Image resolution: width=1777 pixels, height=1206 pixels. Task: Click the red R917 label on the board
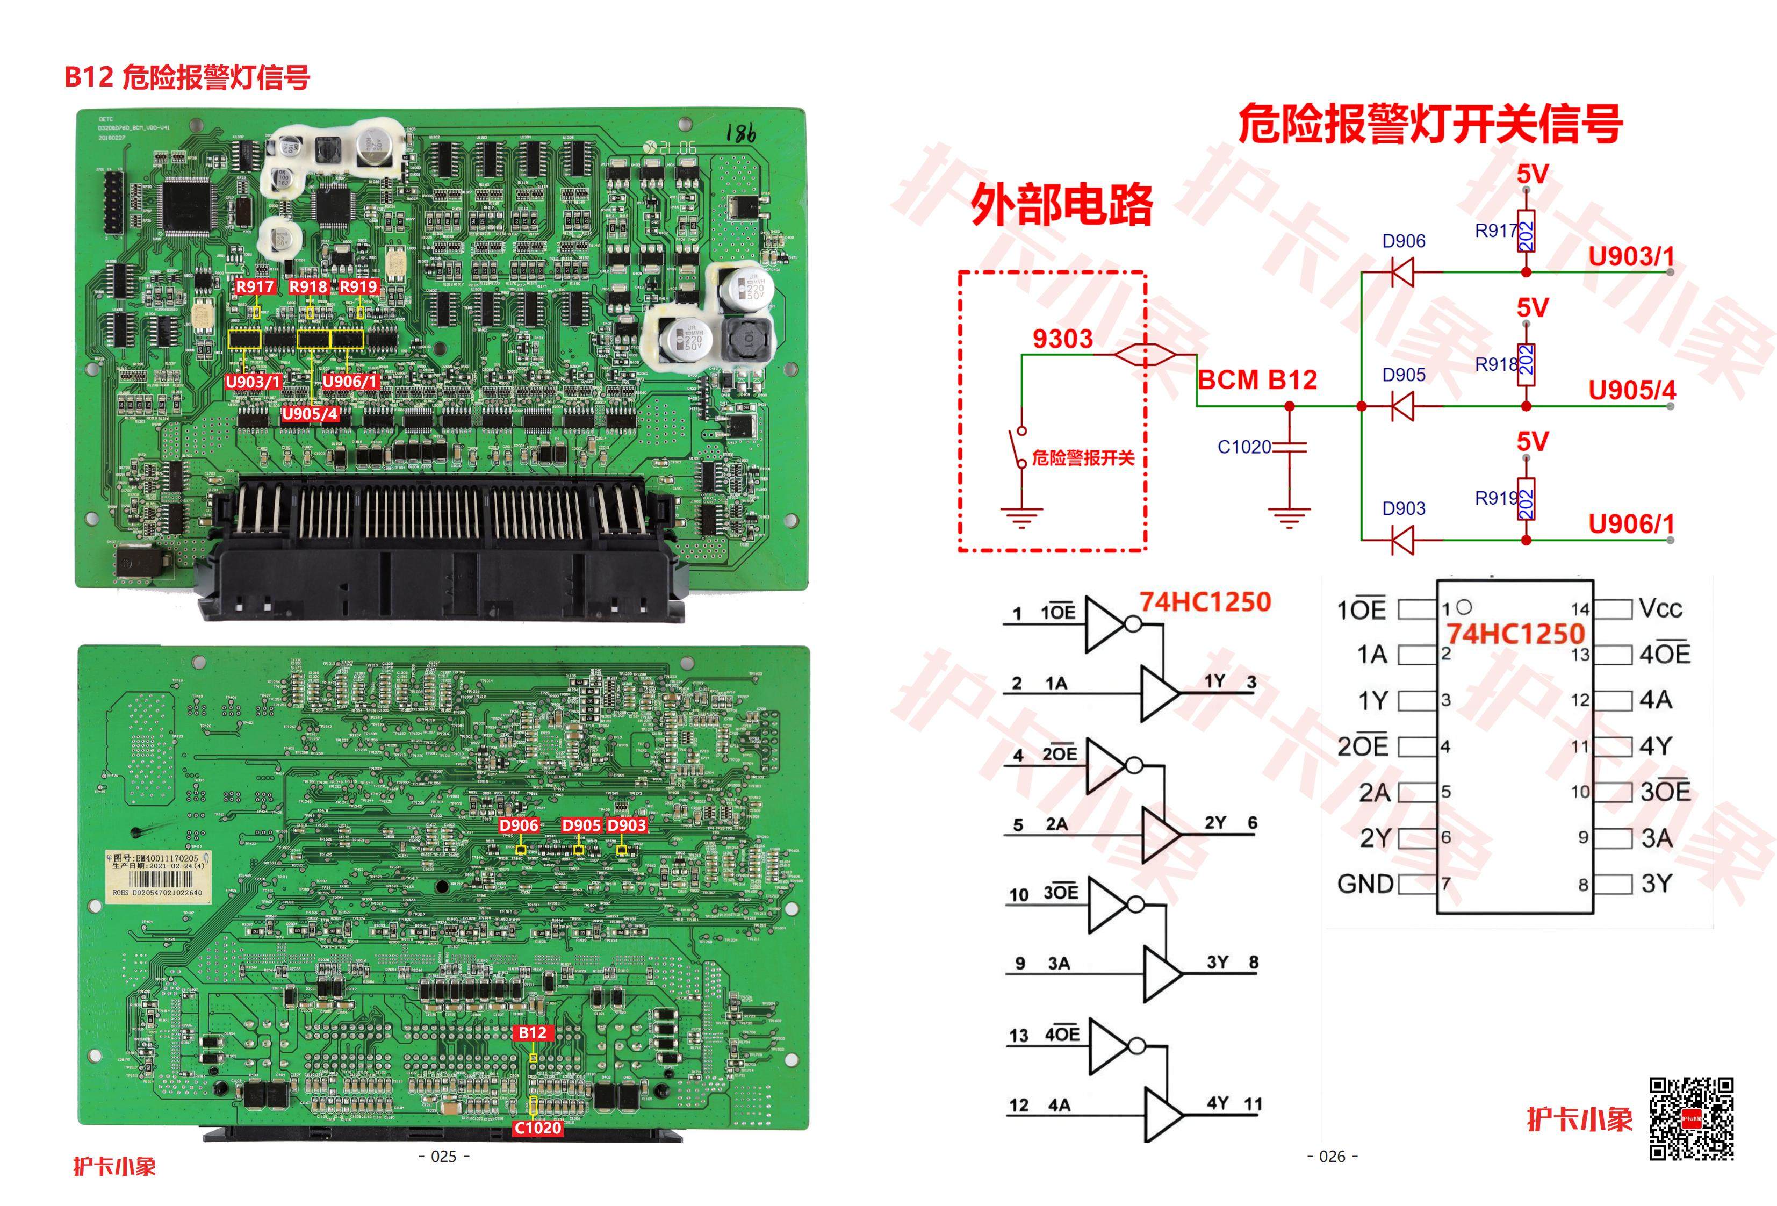255,287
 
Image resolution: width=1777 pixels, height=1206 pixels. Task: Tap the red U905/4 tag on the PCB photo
310,414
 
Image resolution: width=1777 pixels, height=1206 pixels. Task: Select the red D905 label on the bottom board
581,825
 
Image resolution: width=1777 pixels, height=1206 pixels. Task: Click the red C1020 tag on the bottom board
537,1128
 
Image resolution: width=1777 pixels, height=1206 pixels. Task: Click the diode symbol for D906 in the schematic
1402,271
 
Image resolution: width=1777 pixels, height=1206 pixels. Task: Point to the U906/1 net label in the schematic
1631,524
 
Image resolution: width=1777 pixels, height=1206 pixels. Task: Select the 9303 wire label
1062,339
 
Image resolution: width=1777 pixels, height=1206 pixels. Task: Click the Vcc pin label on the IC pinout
1660,609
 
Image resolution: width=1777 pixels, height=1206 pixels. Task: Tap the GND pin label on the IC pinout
1365,884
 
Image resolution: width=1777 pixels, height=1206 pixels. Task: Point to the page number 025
444,1157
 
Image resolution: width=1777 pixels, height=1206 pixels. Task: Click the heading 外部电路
1062,205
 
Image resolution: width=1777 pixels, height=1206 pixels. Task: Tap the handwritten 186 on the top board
741,134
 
